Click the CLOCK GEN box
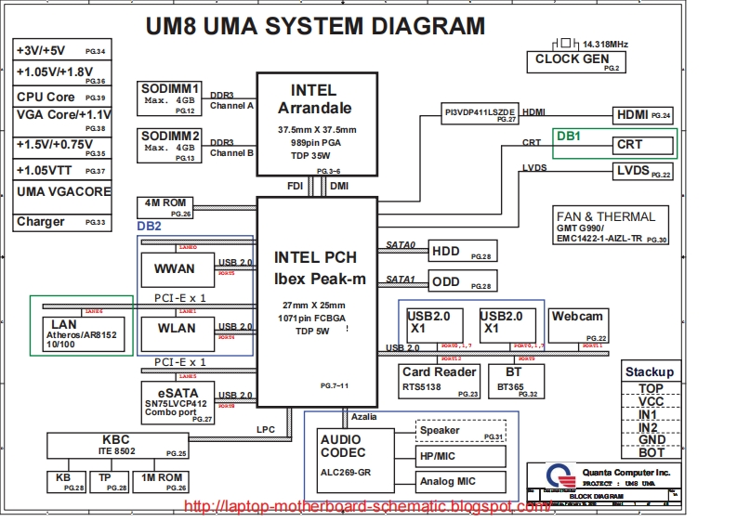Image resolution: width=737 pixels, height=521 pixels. pyautogui.click(x=571, y=61)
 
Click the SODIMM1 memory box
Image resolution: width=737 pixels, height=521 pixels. pyautogui.click(x=168, y=98)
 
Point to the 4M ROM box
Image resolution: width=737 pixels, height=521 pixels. pyautogui.click(x=165, y=206)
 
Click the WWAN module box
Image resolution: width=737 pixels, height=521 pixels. pyautogui.click(x=168, y=269)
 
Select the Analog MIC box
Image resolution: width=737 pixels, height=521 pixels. pyautogui.click(x=460, y=481)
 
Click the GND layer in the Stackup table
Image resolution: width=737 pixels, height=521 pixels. pyautogui.click(x=651, y=439)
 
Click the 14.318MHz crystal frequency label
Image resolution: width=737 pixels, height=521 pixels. pyautogui.click(x=605, y=45)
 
